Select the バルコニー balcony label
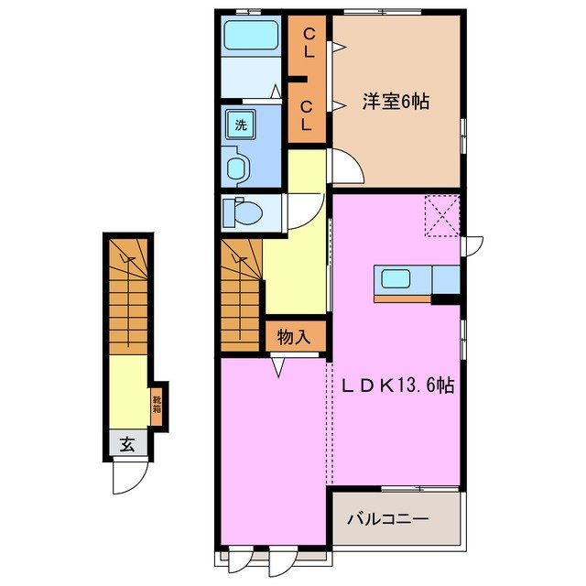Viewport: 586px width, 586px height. [x=387, y=519]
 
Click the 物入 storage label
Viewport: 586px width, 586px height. [x=295, y=337]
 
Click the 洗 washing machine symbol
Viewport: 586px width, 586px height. [x=239, y=125]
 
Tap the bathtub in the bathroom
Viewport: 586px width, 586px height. [x=252, y=38]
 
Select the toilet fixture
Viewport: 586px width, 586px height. [x=244, y=212]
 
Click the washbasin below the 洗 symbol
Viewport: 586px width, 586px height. [x=237, y=168]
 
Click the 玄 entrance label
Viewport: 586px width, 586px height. [x=128, y=445]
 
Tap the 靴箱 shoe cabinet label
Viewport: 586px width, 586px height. [x=157, y=401]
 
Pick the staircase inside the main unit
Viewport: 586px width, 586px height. [x=242, y=290]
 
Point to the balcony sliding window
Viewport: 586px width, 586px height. [x=420, y=487]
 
